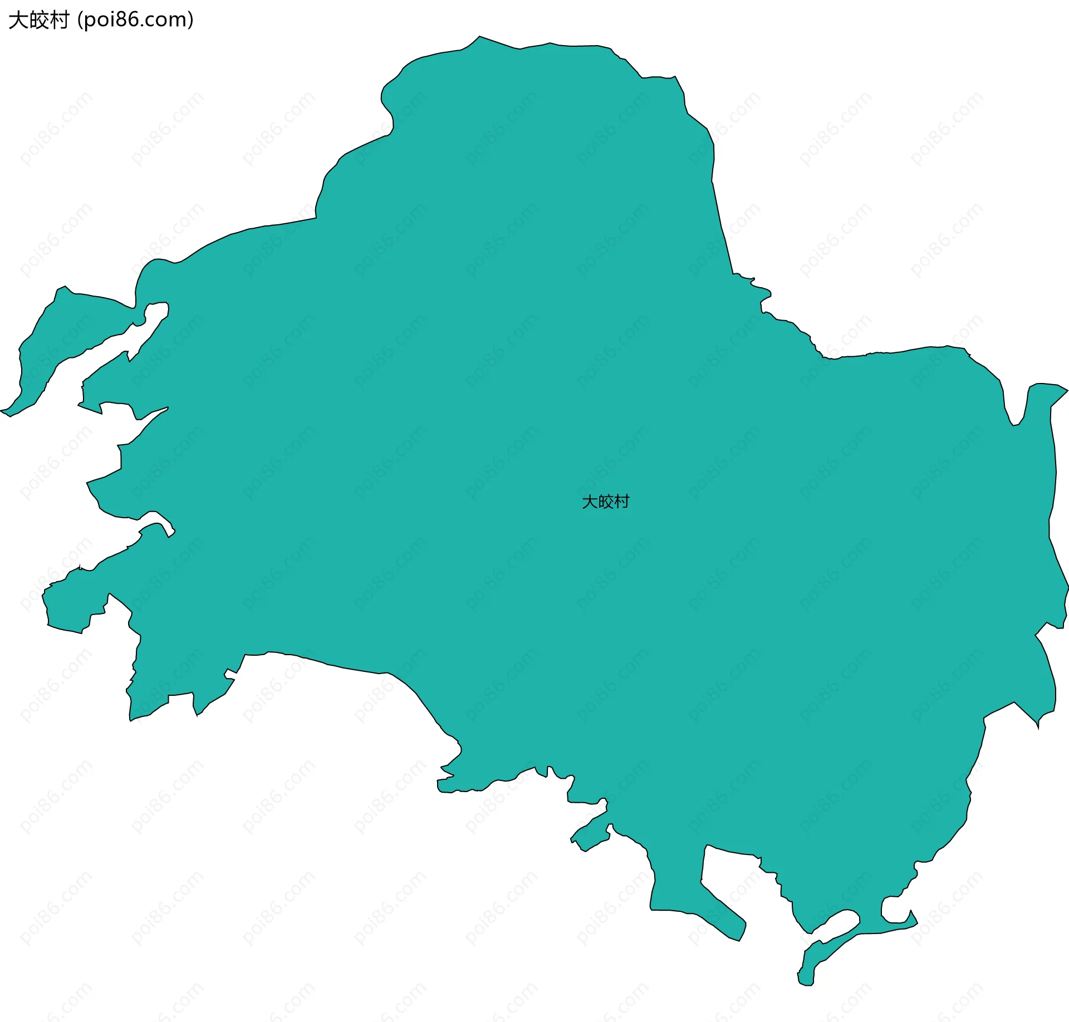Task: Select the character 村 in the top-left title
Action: click(x=58, y=20)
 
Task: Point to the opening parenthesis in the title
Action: click(x=80, y=20)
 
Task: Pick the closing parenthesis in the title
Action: click(x=191, y=20)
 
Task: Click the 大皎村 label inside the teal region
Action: click(x=605, y=502)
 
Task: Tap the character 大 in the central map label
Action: click(x=590, y=502)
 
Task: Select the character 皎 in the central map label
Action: click(x=605, y=502)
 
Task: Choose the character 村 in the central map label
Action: click(x=621, y=502)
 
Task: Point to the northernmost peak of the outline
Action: click(x=479, y=37)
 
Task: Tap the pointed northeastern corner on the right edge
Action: click(x=1066, y=390)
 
